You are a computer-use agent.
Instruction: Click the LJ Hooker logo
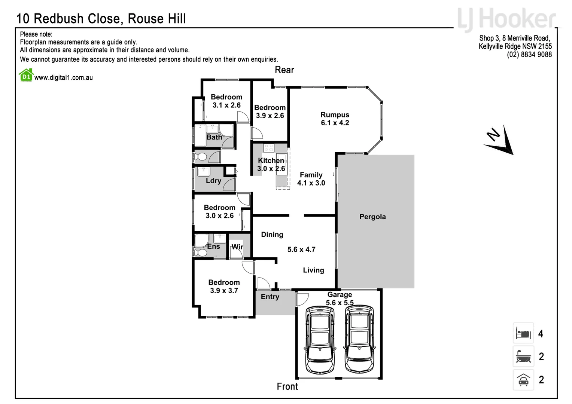click(x=506, y=19)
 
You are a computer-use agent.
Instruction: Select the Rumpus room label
click(x=335, y=119)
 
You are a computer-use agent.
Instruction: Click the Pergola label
click(x=372, y=217)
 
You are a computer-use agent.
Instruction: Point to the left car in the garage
click(x=320, y=340)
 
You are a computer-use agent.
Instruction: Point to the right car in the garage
click(x=359, y=340)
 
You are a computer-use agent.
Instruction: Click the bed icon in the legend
click(x=523, y=333)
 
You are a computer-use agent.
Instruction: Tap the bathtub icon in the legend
click(x=523, y=356)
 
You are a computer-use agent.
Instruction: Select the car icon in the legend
click(x=523, y=380)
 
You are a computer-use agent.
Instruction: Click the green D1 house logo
click(x=26, y=75)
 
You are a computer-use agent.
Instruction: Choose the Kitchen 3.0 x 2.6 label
click(x=271, y=165)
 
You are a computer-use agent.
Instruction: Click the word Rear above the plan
click(x=284, y=70)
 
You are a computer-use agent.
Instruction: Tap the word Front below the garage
click(x=287, y=386)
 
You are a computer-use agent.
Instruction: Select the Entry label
click(x=270, y=297)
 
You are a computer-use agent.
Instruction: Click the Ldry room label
click(x=213, y=181)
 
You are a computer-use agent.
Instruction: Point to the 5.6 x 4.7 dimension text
click(x=301, y=250)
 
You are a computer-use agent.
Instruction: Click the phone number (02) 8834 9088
click(x=529, y=55)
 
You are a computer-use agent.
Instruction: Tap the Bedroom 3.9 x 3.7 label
click(x=224, y=287)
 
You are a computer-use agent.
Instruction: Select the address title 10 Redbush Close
click(x=101, y=19)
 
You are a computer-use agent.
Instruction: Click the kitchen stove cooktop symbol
click(x=268, y=148)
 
